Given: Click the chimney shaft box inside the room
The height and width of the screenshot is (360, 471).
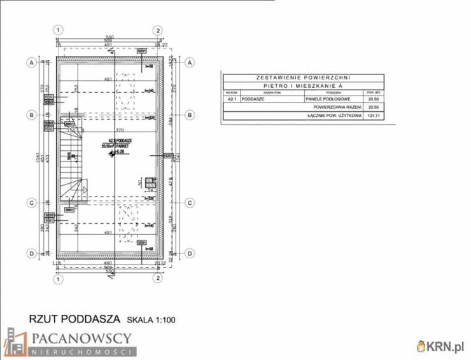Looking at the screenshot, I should click(151, 183).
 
